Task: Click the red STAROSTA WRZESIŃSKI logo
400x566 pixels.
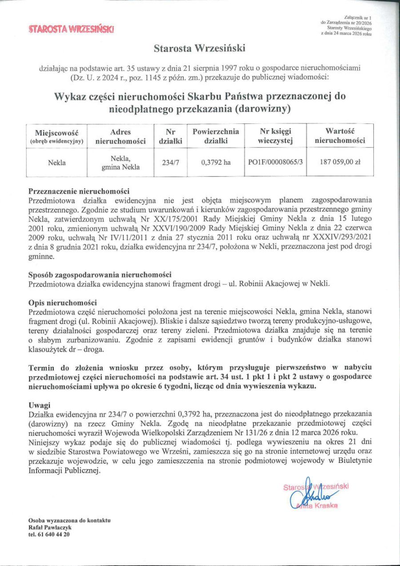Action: tap(71, 29)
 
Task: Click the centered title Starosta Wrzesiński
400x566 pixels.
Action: tap(200, 48)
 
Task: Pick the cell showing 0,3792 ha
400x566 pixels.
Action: tap(216, 163)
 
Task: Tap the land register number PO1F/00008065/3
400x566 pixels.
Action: tap(276, 163)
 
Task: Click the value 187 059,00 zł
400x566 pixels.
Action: tap(340, 163)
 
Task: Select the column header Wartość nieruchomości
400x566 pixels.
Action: tap(340, 136)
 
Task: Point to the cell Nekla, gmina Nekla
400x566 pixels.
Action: tap(120, 163)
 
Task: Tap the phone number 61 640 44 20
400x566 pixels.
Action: tap(52, 534)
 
